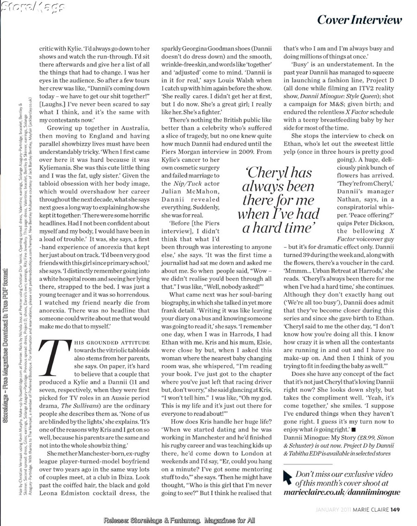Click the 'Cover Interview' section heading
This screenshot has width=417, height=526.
[359, 20]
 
